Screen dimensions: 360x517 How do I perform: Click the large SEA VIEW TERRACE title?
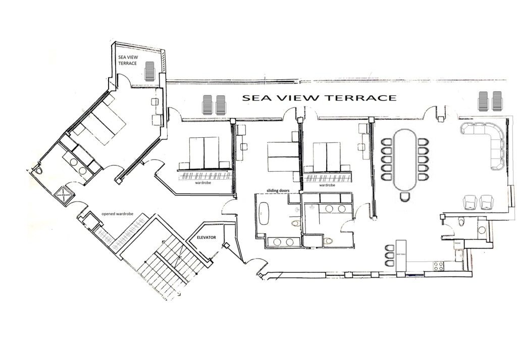319,97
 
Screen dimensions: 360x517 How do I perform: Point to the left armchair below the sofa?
470,202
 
